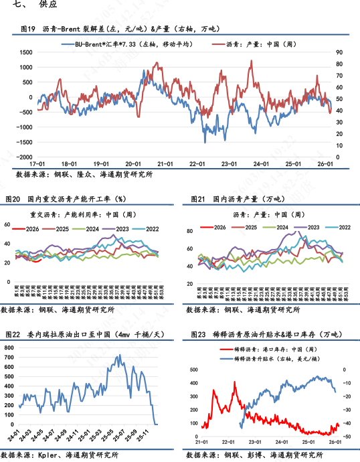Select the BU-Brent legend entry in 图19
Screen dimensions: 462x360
134,44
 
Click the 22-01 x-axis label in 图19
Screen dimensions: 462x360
197,163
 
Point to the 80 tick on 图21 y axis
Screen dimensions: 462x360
189,232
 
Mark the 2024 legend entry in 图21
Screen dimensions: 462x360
275,228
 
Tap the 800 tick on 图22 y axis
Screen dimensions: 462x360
9,348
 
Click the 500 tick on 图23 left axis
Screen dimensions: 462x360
193,370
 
